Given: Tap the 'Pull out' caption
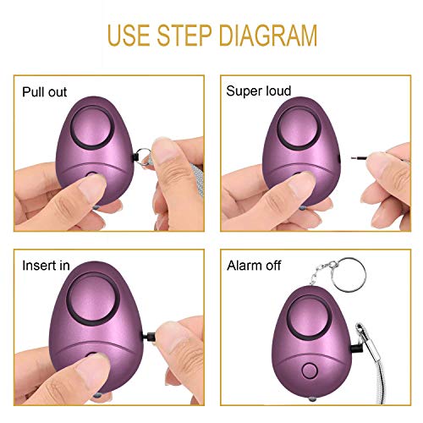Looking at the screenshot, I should [x=45, y=91].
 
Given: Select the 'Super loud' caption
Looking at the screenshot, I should [x=259, y=91].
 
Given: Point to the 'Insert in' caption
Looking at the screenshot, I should [x=46, y=265].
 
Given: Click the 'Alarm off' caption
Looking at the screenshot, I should [x=255, y=265].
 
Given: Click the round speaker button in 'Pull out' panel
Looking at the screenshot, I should [x=90, y=129].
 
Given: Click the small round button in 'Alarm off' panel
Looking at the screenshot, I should [x=308, y=371].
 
